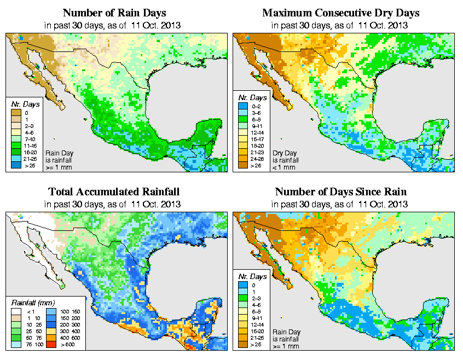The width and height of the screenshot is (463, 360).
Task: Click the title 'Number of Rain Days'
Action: pyautogui.click(x=114, y=13)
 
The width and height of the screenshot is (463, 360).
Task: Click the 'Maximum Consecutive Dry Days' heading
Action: pyautogui.click(x=341, y=13)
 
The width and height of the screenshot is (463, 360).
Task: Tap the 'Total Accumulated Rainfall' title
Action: pyautogui.click(x=114, y=192)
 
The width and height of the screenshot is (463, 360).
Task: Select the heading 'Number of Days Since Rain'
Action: pyautogui.click(x=341, y=192)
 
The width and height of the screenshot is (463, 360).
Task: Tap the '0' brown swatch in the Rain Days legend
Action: pyautogui.click(x=17, y=112)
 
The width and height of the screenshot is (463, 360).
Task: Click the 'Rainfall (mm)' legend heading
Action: pyautogui.click(x=32, y=302)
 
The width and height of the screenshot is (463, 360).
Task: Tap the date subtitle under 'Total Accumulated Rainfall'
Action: pyautogui.click(x=114, y=204)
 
